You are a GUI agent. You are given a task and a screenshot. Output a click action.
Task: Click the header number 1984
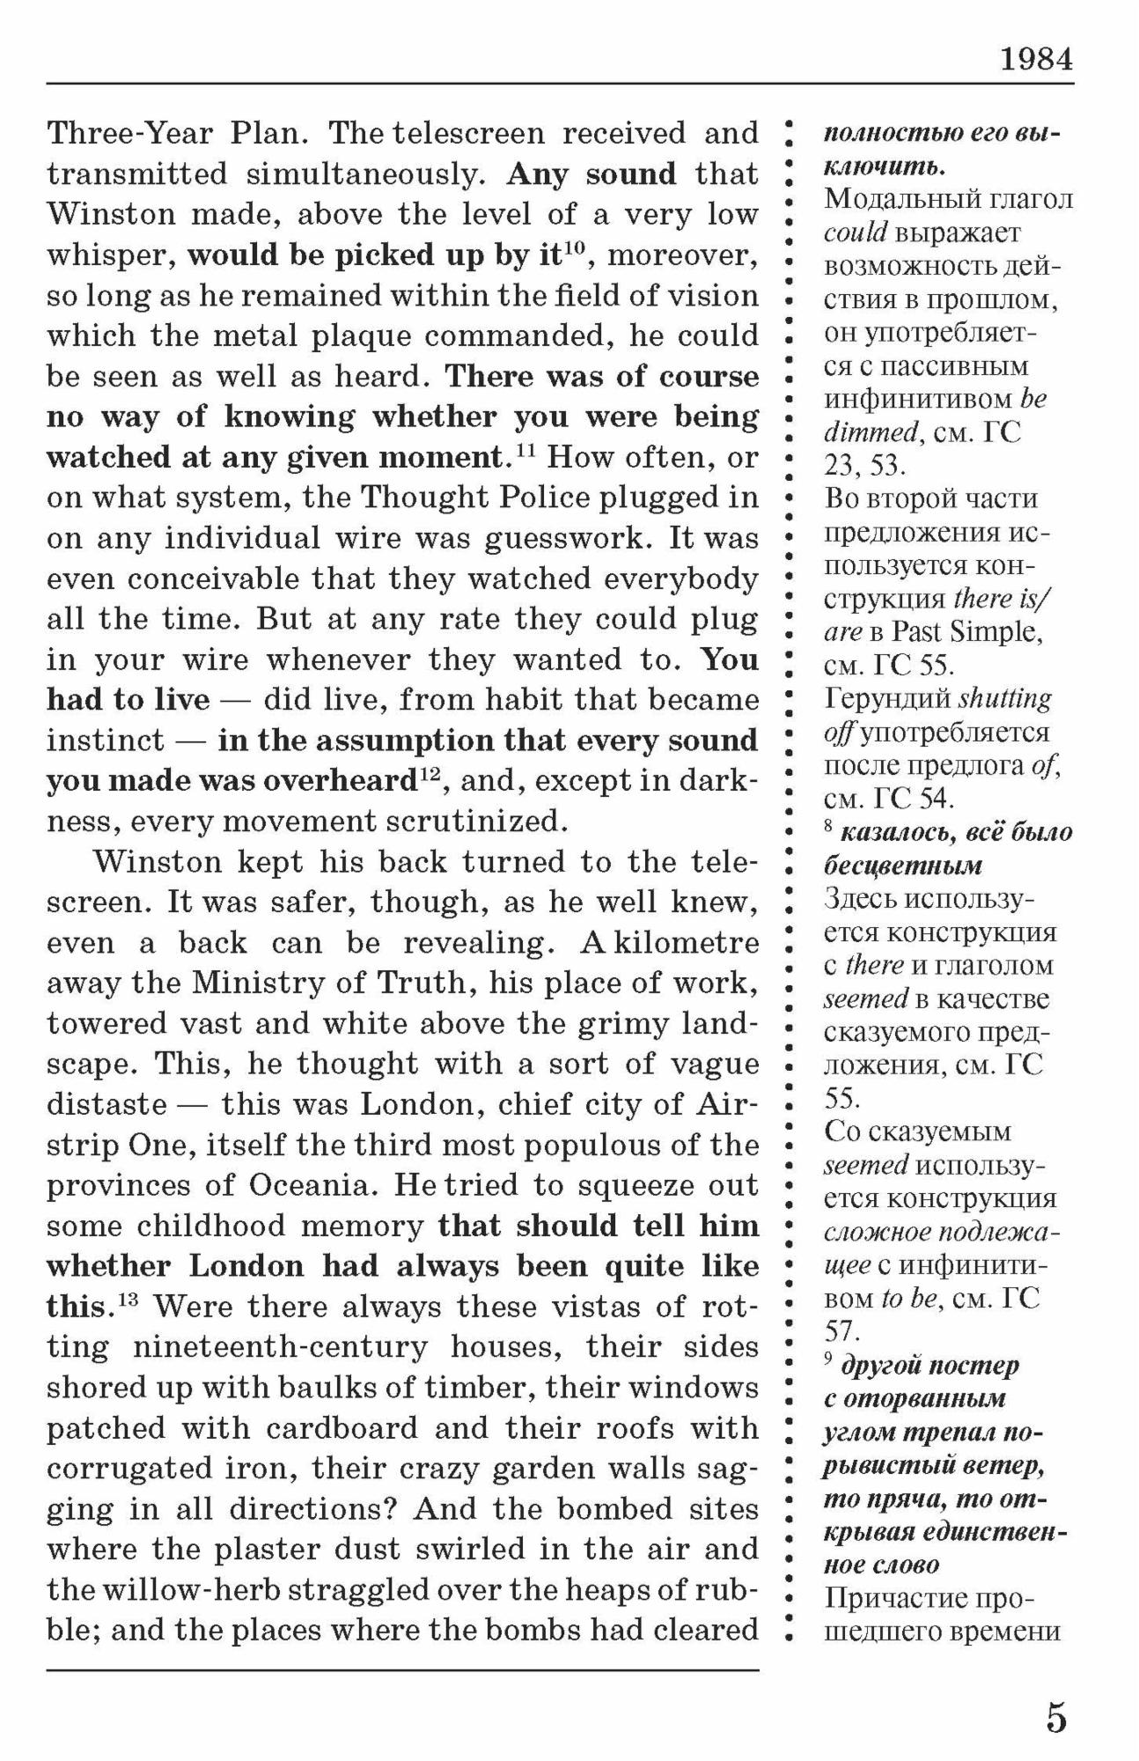tap(1036, 59)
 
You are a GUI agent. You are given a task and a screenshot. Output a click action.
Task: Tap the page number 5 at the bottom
tap(1056, 1718)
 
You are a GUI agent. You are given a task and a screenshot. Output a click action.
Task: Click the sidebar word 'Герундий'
tap(887, 699)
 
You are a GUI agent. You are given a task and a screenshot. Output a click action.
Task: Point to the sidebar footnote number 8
tap(829, 828)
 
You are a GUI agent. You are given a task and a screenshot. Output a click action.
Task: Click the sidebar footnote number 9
tap(829, 1361)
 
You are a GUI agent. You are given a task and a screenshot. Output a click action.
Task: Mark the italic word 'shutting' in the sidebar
tap(1004, 699)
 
